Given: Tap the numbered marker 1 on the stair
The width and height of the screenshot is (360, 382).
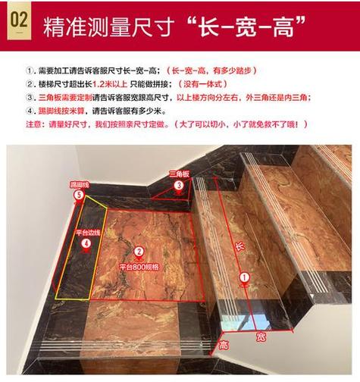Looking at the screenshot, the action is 244,277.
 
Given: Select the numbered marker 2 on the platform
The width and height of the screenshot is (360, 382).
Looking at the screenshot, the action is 139,252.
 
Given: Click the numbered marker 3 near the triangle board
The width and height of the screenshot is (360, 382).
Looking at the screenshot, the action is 179,185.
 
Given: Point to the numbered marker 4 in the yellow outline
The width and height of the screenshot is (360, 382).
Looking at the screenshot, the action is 86,243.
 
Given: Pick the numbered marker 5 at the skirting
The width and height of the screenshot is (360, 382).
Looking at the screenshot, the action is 79,196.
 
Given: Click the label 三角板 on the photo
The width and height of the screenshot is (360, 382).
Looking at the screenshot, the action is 180,174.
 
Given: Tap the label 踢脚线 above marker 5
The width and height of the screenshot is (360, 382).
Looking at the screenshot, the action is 80,185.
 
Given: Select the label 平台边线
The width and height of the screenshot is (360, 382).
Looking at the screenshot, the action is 88,233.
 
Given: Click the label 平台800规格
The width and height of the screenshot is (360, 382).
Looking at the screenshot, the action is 139,267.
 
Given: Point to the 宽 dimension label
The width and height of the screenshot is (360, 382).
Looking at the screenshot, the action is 261,337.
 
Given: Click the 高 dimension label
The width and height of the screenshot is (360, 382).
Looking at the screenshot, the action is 224,345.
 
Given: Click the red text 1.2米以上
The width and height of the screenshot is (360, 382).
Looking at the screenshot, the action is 110,84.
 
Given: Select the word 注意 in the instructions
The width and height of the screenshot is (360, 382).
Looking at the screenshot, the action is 33,124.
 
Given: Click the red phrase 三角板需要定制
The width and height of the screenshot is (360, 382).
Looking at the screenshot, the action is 65,98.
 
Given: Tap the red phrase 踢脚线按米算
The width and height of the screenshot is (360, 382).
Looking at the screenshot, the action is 61,111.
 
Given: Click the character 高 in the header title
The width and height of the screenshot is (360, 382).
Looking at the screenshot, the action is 283,27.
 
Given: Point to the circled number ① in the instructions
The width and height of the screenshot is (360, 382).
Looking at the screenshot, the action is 30,70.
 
